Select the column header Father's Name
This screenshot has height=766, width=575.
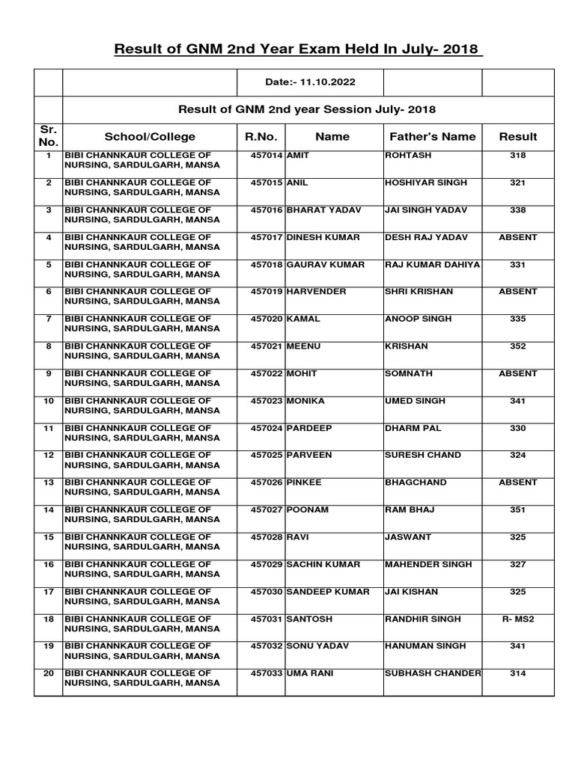432,136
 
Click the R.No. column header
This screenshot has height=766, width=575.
261,136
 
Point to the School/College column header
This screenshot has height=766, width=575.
150,136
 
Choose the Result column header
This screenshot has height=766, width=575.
517,136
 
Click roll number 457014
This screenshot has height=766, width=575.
267,156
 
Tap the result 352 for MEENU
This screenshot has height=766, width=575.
517,346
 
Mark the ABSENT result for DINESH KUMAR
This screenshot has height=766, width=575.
517,237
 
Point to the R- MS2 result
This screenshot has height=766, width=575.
517,619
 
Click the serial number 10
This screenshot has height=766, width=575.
48,401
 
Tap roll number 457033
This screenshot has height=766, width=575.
267,673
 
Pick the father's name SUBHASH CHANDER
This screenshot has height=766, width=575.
432,673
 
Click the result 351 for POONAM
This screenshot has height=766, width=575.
517,510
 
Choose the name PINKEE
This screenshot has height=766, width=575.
304,482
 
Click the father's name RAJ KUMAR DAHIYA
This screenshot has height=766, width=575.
432,265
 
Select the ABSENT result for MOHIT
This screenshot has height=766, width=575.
517,373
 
